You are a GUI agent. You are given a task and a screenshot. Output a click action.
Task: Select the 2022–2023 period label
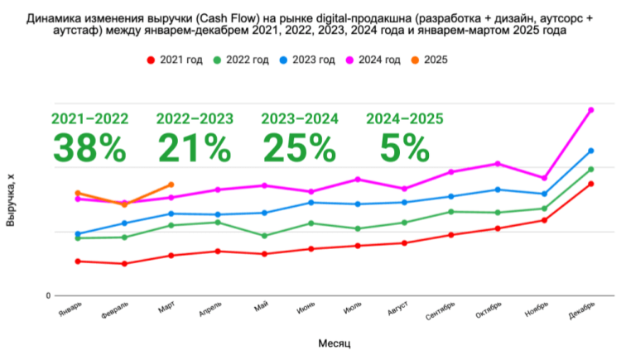coord(195,118)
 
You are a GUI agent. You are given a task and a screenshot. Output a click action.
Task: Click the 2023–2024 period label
coord(300,118)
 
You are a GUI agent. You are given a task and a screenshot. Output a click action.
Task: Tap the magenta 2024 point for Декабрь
coord(590,109)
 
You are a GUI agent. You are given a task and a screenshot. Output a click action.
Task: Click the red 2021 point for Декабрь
coord(590,184)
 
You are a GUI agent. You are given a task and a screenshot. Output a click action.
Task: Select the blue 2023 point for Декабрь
coord(590,151)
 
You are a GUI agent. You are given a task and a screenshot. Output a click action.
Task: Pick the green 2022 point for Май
coord(264,236)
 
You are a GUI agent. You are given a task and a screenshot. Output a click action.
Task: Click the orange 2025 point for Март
coord(171,185)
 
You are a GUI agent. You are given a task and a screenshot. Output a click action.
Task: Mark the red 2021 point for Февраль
coord(124,264)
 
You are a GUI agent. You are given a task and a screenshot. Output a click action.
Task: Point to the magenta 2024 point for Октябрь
coord(497,164)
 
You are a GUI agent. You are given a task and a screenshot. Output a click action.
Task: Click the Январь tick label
coord(70,309)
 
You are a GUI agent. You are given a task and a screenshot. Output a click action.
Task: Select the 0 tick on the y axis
coord(48,295)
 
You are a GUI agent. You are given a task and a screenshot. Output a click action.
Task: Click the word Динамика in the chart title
coord(55,16)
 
